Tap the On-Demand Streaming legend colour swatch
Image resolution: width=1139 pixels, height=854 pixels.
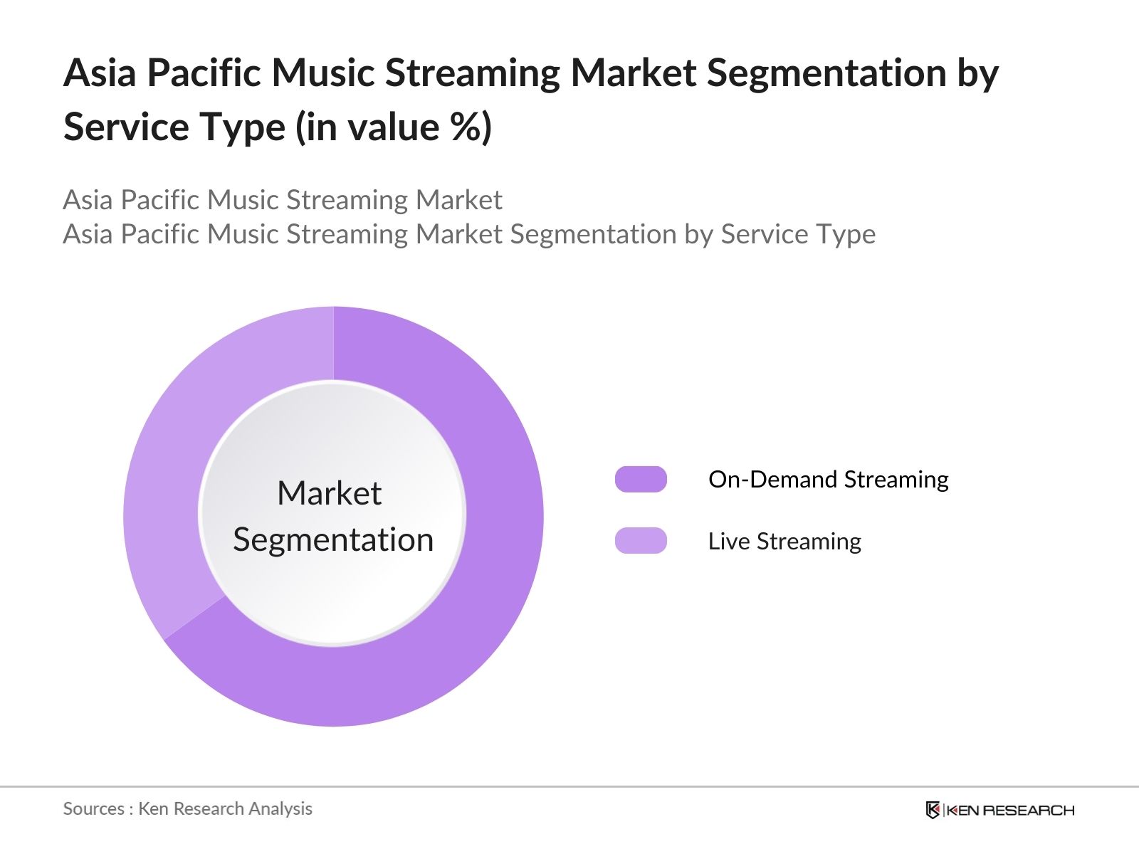tap(641, 480)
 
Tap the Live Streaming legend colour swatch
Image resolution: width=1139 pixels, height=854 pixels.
tap(641, 541)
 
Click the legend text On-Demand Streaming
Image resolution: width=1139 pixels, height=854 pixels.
tap(828, 480)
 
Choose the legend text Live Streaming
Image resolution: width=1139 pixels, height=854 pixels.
tap(784, 542)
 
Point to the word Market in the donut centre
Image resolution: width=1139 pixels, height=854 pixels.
tap(329, 493)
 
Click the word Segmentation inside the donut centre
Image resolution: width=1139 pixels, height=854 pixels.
tap(333, 539)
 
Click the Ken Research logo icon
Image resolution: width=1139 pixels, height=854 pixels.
tap(933, 810)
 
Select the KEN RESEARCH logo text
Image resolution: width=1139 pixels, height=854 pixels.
tap(1010, 810)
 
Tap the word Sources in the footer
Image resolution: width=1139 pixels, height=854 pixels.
tap(93, 808)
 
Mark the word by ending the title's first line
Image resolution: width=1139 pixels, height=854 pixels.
tap(978, 74)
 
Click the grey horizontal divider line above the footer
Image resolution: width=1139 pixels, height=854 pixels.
tap(569, 786)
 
